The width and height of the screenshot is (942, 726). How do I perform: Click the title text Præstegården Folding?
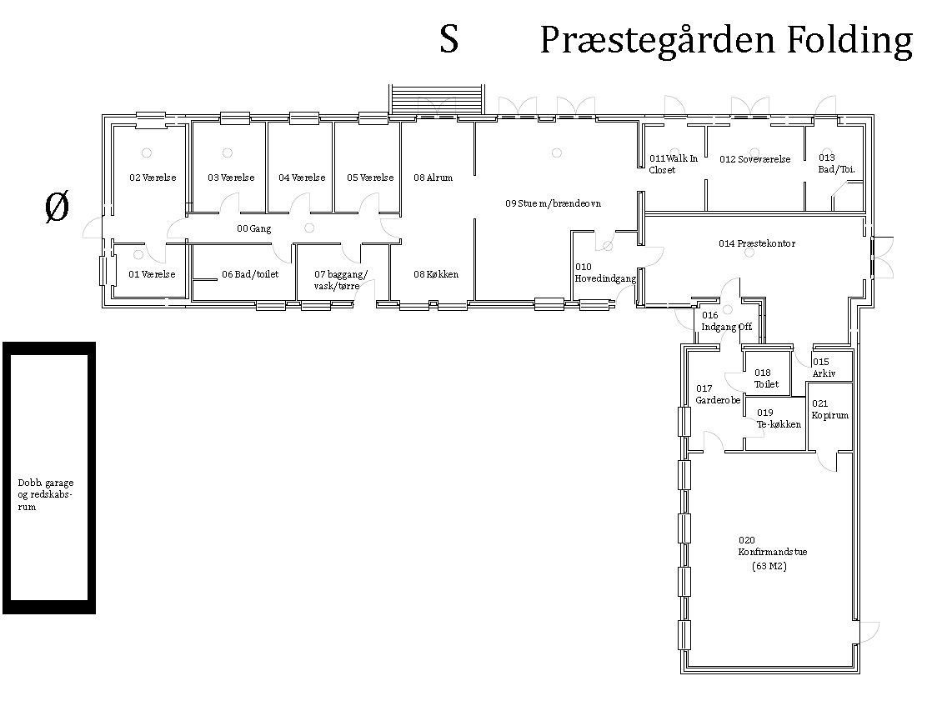tap(726, 41)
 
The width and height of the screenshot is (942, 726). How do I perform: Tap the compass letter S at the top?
tap(448, 39)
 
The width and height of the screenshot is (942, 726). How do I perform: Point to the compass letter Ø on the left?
tap(57, 206)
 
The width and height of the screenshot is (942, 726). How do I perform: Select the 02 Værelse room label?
tap(153, 178)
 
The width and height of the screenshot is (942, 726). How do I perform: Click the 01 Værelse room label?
tap(152, 274)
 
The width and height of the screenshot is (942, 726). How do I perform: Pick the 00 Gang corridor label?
tap(253, 228)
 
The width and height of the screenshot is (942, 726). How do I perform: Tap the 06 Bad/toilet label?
tap(250, 274)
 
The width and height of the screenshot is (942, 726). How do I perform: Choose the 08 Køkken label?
tap(435, 274)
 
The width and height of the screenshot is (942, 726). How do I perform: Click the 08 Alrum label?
tap(433, 178)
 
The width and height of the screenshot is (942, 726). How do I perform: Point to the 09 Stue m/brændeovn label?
tap(553, 203)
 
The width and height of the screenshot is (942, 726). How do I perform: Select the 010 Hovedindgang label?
tap(605, 273)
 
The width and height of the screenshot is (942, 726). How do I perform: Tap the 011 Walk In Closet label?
tap(673, 164)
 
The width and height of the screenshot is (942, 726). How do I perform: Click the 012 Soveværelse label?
tap(754, 159)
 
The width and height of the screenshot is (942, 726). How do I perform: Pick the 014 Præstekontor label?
tap(756, 243)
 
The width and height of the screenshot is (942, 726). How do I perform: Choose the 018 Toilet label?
tap(766, 378)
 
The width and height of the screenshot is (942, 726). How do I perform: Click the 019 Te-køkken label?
tap(779, 418)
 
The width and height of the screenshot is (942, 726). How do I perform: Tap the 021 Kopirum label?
tap(829, 409)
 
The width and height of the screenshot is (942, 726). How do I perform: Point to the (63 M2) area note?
tap(769, 566)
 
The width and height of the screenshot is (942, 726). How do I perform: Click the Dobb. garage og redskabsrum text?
tap(46, 495)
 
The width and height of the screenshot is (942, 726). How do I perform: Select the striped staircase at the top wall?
tap(437, 99)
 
